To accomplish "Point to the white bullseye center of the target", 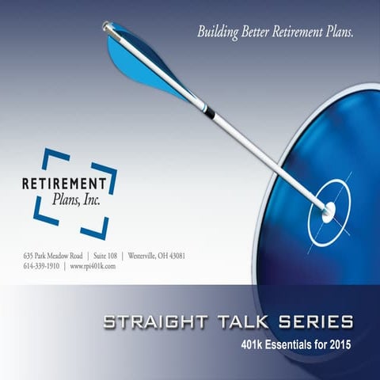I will click(x=328, y=210).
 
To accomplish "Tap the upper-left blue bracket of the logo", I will click(x=49, y=158).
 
